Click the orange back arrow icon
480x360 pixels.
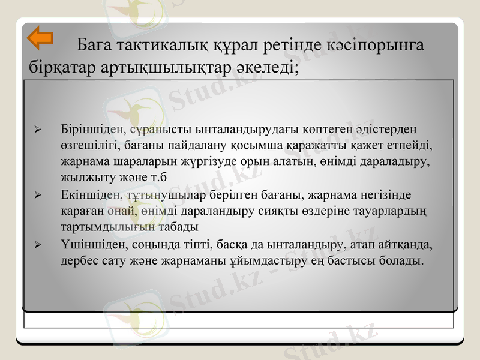40,37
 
